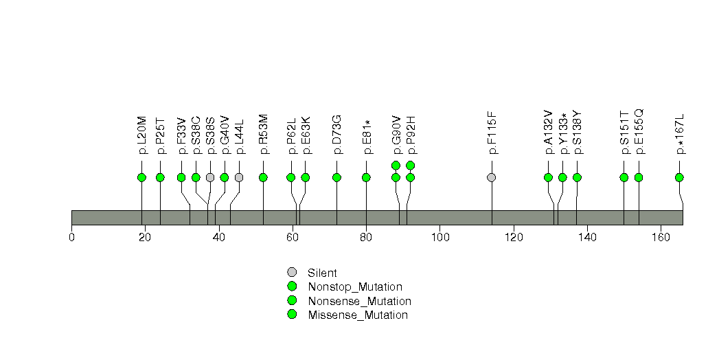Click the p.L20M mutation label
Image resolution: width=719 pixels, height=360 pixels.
pos(142,135)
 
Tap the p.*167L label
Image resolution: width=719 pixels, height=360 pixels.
pos(680,134)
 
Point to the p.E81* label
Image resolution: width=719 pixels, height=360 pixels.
pos(367,137)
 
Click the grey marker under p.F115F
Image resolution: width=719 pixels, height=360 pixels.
pos(492,177)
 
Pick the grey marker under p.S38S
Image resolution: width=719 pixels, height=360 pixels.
pos(210,177)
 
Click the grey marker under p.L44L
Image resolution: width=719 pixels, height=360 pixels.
pos(239,177)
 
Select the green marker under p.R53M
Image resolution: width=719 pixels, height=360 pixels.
pos(263,177)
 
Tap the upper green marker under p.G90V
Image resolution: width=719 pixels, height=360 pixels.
pos(396,165)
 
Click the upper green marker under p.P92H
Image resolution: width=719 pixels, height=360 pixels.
pos(411,165)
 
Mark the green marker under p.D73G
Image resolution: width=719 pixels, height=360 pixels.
pos(337,177)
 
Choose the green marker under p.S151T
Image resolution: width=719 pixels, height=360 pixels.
pos(624,177)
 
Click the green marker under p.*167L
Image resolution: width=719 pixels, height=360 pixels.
pos(680,177)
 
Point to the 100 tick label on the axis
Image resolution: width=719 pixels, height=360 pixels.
pos(440,237)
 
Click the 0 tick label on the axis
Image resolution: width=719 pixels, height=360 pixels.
pos(71,237)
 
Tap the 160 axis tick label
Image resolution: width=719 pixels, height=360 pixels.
pos(661,237)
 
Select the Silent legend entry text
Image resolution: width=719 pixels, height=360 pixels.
pos(322,273)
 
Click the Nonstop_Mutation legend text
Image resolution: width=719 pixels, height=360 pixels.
pos(355,287)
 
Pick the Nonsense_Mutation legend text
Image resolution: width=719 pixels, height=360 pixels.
pos(360,302)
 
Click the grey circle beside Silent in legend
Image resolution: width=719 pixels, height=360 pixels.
pos(292,273)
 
